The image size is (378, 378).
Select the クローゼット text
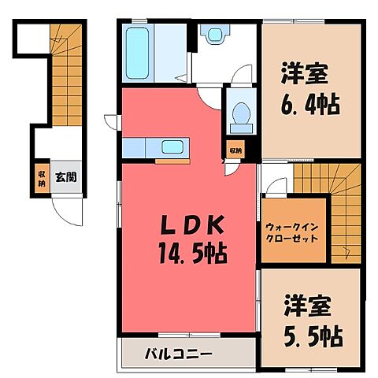pos(291,237)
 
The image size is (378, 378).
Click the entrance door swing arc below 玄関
pos(62,210)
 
